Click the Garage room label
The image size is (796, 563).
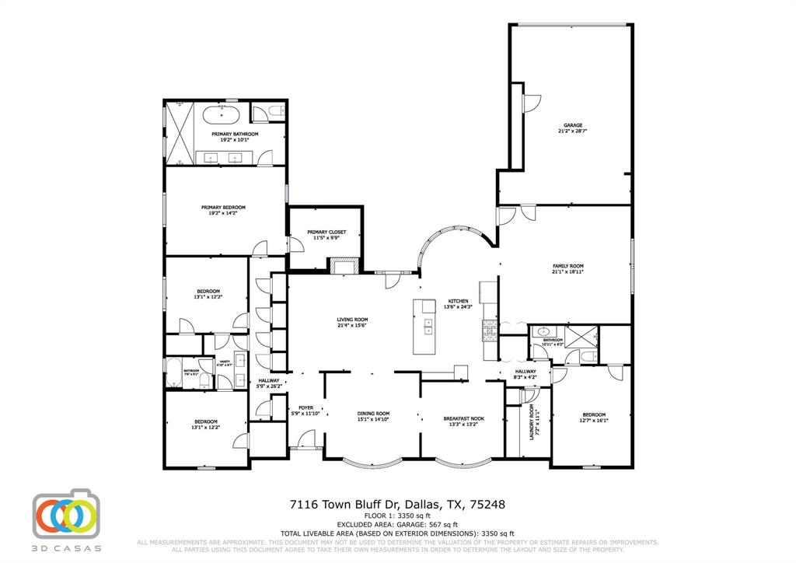coord(573,125)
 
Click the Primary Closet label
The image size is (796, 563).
coord(326,232)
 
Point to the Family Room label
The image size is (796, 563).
coord(567,266)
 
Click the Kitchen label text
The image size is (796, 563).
coord(457,301)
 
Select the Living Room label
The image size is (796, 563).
coord(352,320)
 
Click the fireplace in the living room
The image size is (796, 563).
coord(344,267)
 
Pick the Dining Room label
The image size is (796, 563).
coord(373,414)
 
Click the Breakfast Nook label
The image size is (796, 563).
coord(463,418)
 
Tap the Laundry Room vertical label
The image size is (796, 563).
coord(532,423)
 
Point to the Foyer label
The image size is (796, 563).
coord(305,407)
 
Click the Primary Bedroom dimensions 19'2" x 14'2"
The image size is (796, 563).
coord(223,214)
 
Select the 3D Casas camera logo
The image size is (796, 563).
coord(67,514)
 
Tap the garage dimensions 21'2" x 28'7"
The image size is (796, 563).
coord(573,131)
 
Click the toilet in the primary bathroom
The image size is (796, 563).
coord(263,114)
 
